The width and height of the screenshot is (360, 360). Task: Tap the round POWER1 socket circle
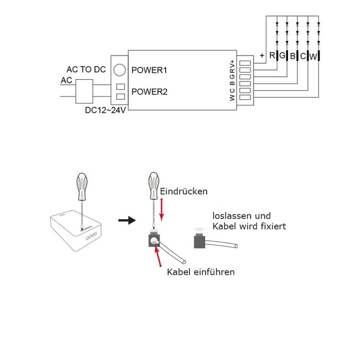tap(120, 69)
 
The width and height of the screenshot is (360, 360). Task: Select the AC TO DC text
tap(86, 69)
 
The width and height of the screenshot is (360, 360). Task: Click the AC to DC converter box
tap(84, 93)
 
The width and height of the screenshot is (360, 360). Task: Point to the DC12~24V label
tap(105, 110)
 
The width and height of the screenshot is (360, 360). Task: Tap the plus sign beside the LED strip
tap(262, 55)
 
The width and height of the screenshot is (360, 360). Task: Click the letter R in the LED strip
tap(272, 56)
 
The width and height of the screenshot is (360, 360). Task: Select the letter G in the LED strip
tap(282, 56)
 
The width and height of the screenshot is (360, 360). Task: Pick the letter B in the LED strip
tap(293, 56)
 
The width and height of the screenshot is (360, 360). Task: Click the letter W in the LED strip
tap(313, 56)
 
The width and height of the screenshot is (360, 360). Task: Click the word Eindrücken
tap(184, 191)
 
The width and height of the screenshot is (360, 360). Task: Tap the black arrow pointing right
tap(125, 220)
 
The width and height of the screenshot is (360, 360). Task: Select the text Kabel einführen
tap(201, 272)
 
